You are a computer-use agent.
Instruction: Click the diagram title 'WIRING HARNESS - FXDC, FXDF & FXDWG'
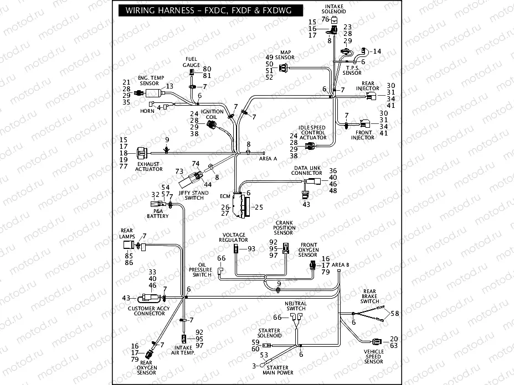(205, 11)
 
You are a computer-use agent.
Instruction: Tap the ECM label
(224, 196)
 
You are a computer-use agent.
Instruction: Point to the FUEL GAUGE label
(191, 62)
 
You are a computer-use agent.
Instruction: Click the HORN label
(147, 111)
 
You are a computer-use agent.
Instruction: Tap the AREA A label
(268, 159)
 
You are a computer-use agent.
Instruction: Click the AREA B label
(340, 264)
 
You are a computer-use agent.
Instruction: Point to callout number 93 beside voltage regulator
(251, 249)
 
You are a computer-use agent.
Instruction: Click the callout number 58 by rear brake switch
(394, 313)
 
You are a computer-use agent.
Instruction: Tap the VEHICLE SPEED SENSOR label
(373, 357)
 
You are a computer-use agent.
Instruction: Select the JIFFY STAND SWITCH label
(193, 195)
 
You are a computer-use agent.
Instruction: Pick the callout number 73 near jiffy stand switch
(179, 171)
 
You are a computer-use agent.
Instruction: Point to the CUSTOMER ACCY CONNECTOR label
(146, 311)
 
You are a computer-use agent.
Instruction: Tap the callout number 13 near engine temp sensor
(169, 86)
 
